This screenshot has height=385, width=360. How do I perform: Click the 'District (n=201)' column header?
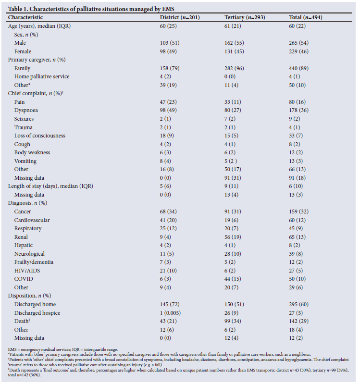[x=179, y=17]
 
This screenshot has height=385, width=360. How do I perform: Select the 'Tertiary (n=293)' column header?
[x=245, y=17]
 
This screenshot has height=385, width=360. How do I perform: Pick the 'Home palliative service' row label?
[x=42, y=76]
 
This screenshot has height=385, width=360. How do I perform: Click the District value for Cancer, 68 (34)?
[x=169, y=211]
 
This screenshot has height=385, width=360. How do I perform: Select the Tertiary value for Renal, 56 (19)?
[x=235, y=237]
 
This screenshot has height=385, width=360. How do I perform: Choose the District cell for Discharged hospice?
[x=172, y=313]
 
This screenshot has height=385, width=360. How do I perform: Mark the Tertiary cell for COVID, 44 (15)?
[x=235, y=279]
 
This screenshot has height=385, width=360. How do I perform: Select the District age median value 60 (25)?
[x=169, y=26]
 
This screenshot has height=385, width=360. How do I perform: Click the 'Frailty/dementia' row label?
[x=34, y=262]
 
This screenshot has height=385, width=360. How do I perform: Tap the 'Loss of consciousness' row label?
[x=39, y=136]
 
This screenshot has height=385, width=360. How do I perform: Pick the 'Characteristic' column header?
[x=25, y=17]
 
